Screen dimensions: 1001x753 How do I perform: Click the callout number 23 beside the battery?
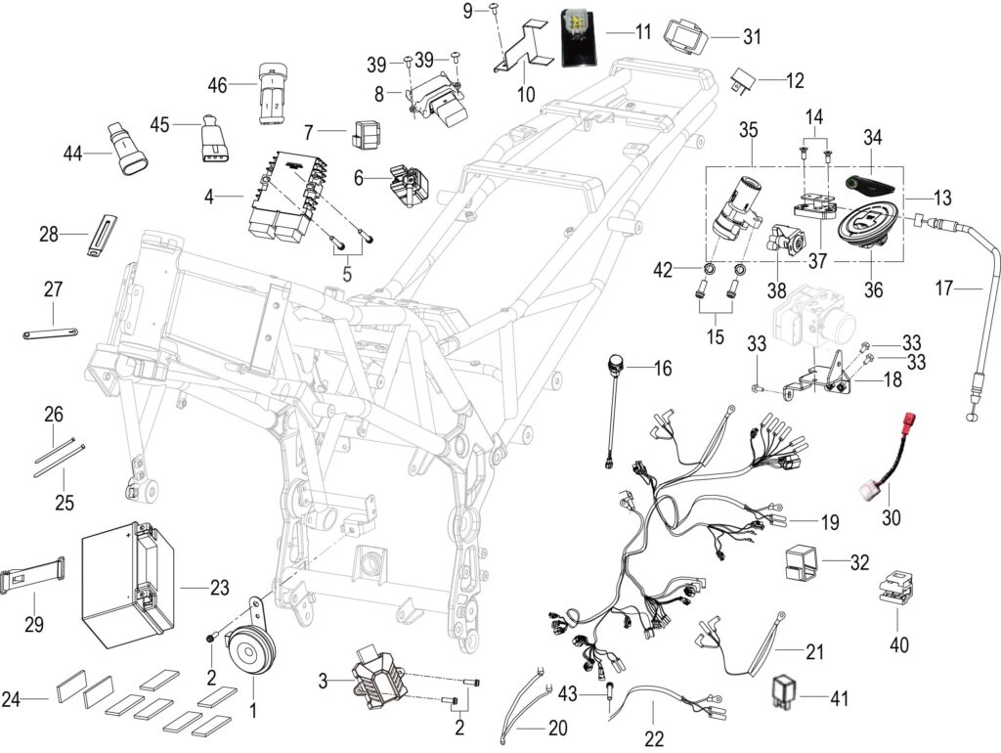coord(220,588)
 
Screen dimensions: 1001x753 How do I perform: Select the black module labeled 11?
coord(579,37)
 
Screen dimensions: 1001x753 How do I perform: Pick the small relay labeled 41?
coord(785,691)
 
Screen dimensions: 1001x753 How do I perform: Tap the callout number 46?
coord(218,85)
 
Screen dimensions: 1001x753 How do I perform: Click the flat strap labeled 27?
coord(51,332)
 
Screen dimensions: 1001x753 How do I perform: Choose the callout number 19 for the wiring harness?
coord(830,522)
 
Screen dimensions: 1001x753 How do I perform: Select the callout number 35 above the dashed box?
coord(748,130)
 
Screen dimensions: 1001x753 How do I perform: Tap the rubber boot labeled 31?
coord(685,38)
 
